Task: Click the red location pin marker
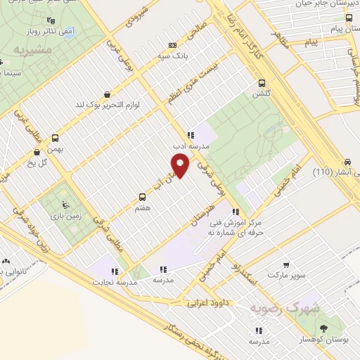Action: pos(181,166)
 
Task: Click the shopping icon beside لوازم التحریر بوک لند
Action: pos(106,94)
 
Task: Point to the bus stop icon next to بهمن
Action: pos(56,137)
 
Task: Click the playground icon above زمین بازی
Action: pos(65,205)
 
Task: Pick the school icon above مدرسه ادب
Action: pos(190,134)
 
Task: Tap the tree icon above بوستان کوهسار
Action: pos(323,328)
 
